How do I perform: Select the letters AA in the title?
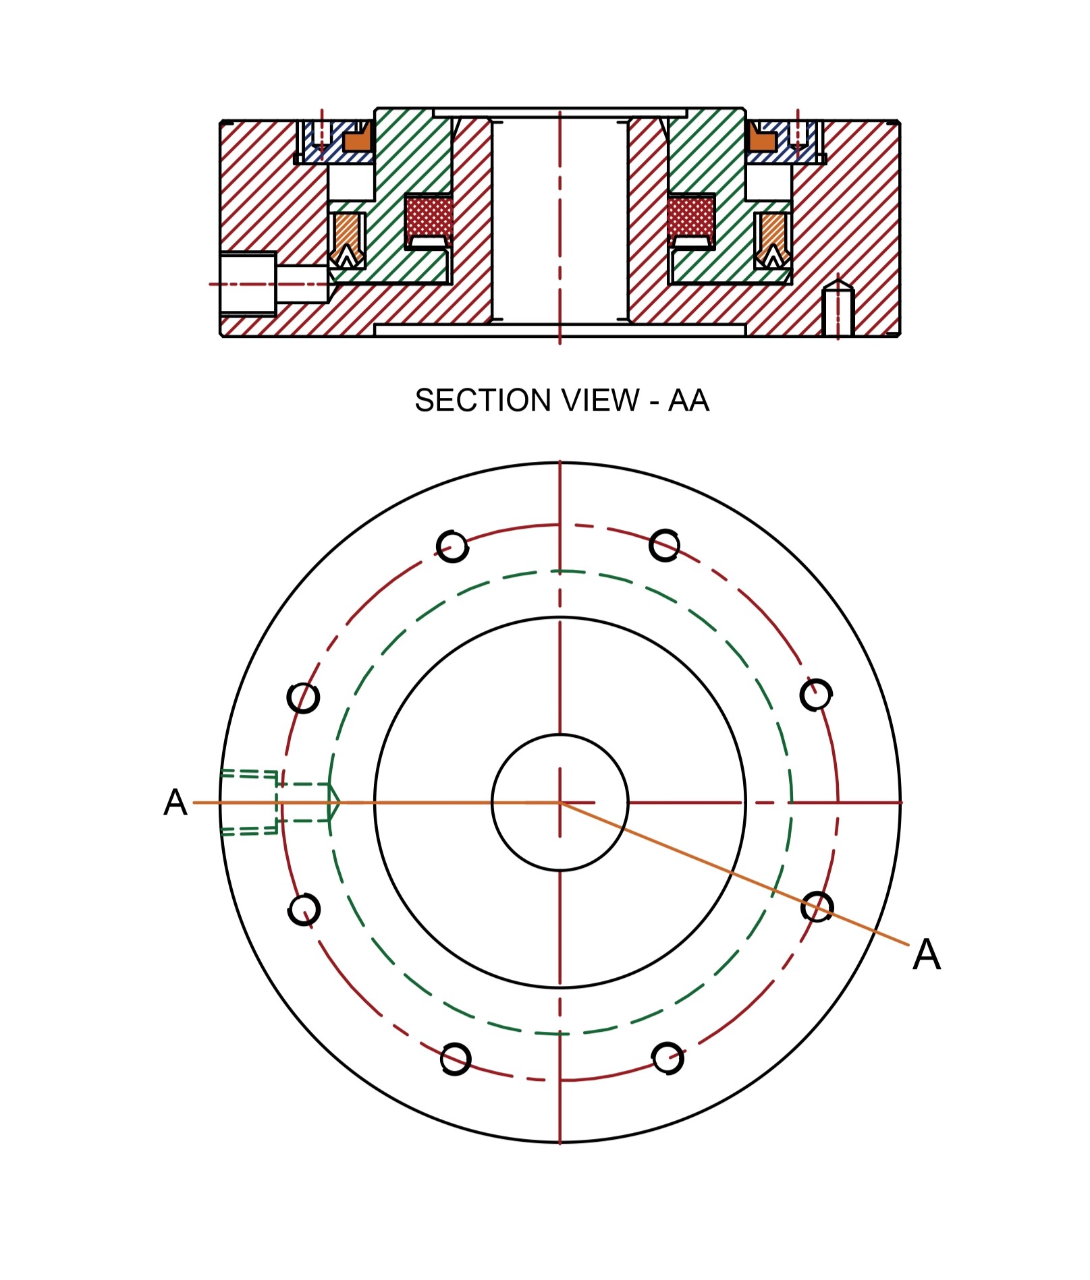pos(688,401)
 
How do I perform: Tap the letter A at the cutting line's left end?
pos(175,803)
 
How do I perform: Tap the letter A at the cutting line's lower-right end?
pos(927,955)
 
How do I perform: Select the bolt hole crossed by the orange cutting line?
pos(817,907)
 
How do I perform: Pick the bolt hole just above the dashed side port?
pos(303,698)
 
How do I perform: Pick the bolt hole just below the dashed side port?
pos(304,910)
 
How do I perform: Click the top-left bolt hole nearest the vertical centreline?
pos(452,546)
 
